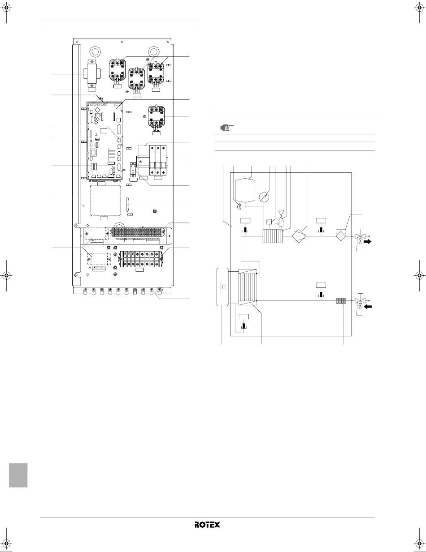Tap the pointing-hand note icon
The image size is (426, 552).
point(226,127)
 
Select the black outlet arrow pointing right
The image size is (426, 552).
point(368,242)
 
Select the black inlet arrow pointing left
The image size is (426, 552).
point(368,307)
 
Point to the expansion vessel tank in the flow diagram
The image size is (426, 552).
point(245,191)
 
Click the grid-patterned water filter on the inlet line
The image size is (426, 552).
point(340,301)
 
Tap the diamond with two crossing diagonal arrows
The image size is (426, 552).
point(299,236)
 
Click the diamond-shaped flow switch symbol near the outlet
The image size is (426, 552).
point(342,236)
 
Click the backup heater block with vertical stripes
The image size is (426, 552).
point(272,236)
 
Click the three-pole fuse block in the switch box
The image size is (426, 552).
point(158,160)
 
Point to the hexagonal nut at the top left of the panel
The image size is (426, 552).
point(96,51)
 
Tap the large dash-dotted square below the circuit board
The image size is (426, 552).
point(105,201)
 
